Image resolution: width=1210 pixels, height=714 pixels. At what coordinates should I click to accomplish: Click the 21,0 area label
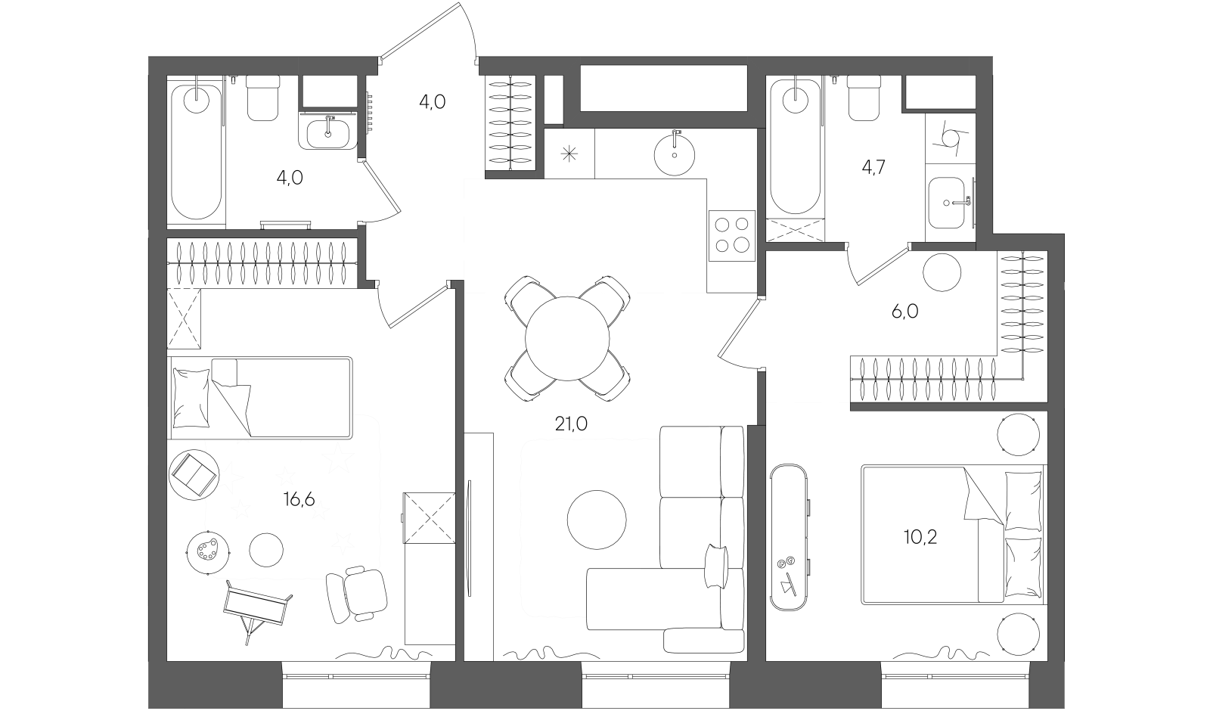pos(571,424)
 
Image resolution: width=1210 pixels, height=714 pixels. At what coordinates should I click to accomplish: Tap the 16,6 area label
pos(299,500)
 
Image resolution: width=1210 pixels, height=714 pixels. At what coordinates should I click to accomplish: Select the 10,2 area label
pos(920,537)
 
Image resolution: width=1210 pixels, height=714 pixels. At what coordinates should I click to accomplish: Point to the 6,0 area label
pos(904,311)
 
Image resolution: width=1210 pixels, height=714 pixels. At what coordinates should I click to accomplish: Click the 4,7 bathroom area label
pos(873,167)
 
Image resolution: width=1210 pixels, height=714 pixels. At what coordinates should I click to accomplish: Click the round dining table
pos(567,339)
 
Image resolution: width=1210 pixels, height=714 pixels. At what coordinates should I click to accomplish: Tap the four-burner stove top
pos(732,235)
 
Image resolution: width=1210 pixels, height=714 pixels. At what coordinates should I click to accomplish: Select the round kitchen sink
pos(674,155)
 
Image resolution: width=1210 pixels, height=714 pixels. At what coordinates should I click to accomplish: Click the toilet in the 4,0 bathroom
pos(263,98)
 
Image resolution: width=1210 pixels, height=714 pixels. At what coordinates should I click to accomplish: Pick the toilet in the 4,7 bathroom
pos(864,98)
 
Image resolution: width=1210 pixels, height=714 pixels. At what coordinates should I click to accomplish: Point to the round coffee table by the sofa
pos(597,520)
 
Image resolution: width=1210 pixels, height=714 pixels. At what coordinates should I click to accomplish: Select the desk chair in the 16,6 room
pos(356,594)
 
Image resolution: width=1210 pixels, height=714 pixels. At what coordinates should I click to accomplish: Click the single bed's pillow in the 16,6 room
pos(191,398)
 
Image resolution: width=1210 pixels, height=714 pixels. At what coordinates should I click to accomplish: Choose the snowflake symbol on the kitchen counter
pos(569,154)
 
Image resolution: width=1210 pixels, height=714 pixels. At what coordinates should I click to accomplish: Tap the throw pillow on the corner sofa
pos(717,566)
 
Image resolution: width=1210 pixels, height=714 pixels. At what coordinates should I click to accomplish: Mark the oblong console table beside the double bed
pos(790,537)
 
